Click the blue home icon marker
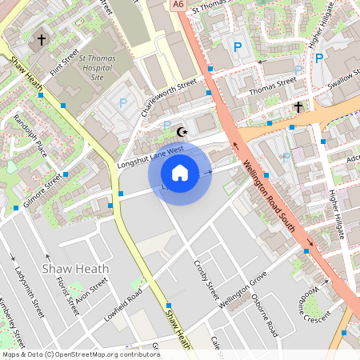pyautogui.click(x=180, y=172)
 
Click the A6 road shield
pyautogui.click(x=178, y=5)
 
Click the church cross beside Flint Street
pyautogui.click(x=42, y=38)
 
